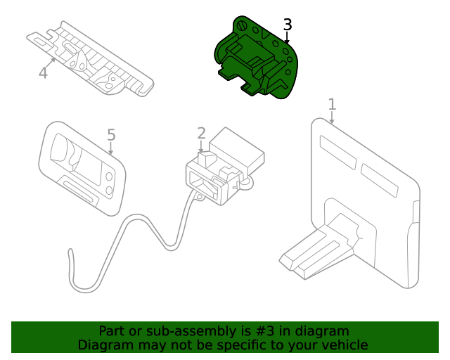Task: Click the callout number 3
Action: [x=287, y=25]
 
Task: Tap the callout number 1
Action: [x=332, y=104]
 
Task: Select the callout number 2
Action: [x=201, y=133]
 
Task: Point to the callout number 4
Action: [x=43, y=72]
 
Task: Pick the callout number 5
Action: [x=110, y=134]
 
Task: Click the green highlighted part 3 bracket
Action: [x=257, y=60]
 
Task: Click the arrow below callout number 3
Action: [x=287, y=39]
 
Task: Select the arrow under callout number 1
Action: [x=332, y=119]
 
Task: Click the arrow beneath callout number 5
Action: [x=110, y=148]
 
